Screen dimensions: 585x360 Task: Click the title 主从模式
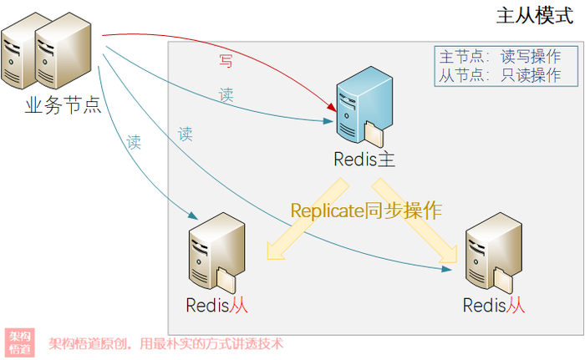pyautogui.click(x=534, y=16)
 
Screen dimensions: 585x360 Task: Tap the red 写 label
pyautogui.click(x=226, y=61)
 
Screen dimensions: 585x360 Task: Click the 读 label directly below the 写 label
pyautogui.click(x=226, y=95)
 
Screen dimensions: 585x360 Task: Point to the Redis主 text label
pyautogui.click(x=364, y=160)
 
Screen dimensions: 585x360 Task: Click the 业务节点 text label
pyautogui.click(x=63, y=105)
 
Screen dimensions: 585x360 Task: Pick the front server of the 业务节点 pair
pyautogui.click(x=63, y=51)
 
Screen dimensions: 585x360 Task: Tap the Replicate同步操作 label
pyautogui.click(x=366, y=210)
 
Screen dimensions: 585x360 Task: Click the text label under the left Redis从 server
pyautogui.click(x=216, y=305)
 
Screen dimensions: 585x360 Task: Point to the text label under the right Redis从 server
pyautogui.click(x=494, y=305)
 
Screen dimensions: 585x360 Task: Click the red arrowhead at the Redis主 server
pyautogui.click(x=332, y=107)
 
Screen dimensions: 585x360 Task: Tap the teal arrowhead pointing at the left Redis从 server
pyautogui.click(x=193, y=215)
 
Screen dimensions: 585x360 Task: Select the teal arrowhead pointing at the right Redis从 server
pyautogui.click(x=446, y=269)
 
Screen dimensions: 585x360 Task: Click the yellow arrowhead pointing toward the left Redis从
pyautogui.click(x=276, y=251)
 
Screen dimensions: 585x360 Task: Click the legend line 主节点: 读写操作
pyautogui.click(x=501, y=57)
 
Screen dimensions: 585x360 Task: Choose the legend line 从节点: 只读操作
pyautogui.click(x=501, y=75)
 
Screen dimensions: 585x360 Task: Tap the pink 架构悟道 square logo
pyautogui.click(x=20, y=342)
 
